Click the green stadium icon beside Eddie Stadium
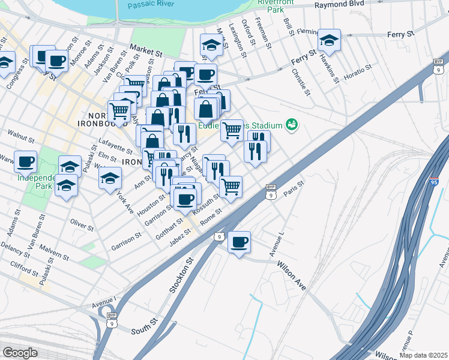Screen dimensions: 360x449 292,125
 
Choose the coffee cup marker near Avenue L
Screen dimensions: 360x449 239,242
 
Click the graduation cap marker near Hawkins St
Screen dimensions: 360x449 329,41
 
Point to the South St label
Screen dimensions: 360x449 143,330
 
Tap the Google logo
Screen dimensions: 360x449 20,353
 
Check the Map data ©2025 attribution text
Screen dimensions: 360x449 423,355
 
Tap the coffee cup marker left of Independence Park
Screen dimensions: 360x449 26,161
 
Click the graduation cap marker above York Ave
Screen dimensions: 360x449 110,178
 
